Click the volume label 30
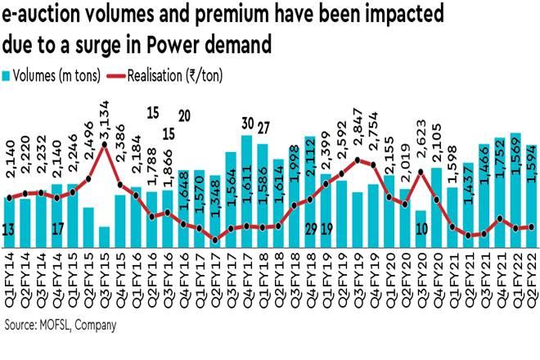click(x=247, y=123)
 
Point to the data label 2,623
click(x=420, y=150)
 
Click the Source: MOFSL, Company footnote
click(x=60, y=325)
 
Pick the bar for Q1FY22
click(x=515, y=189)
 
